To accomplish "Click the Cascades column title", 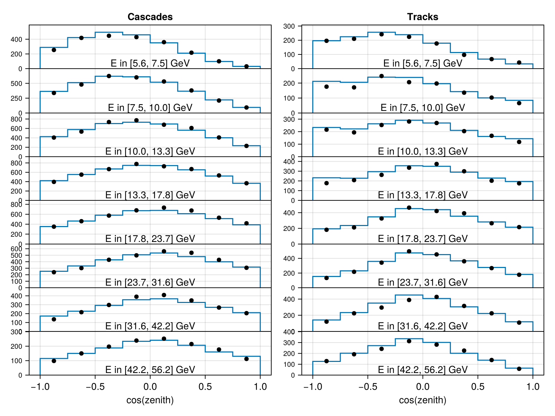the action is pos(150,17).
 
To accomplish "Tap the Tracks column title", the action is pos(422,17).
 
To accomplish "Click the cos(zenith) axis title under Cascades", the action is pos(150,400).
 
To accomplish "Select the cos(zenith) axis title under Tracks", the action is pos(422,400).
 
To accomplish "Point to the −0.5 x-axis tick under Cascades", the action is pos(95,387).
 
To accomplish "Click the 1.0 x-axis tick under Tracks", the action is pos(533,387).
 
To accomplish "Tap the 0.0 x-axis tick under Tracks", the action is pos(422,387).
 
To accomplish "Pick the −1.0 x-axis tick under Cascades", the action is pos(40,387).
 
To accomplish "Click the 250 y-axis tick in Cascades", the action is pos(16,98).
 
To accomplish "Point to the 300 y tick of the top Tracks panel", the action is pos(289,26).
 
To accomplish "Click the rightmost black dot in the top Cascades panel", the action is pos(247,67).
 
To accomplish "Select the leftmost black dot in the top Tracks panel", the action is pos(326,41).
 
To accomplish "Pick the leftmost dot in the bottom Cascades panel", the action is pos(54,361).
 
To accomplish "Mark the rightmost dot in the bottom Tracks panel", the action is pos(519,369).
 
